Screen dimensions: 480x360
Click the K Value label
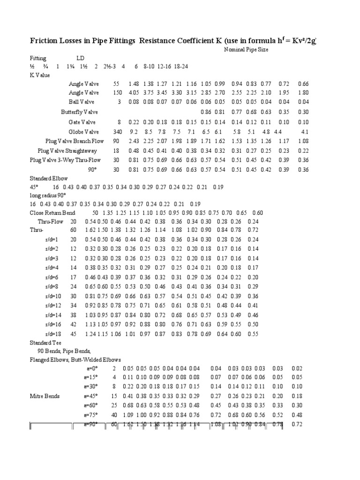(x=40, y=75)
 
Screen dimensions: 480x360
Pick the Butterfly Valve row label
(x=79, y=112)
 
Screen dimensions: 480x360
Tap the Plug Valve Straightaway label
(x=67, y=150)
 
